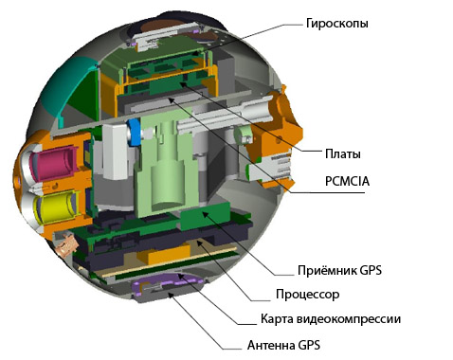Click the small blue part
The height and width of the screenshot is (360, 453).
[135, 134]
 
